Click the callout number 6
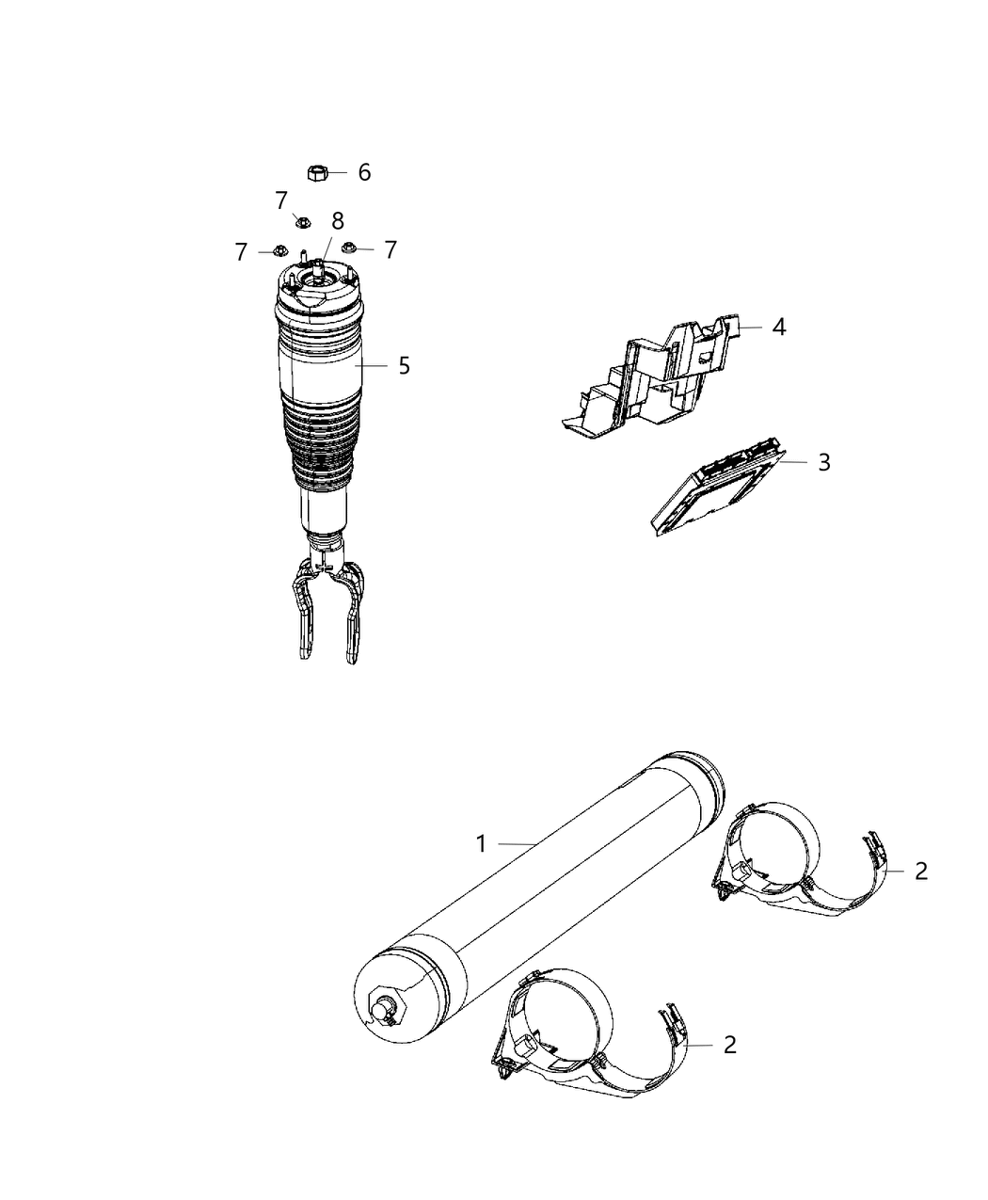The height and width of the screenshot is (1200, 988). tap(364, 172)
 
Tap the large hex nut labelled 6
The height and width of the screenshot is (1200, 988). tap(317, 172)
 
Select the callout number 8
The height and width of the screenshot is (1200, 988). tap(337, 220)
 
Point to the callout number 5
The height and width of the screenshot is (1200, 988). tap(404, 365)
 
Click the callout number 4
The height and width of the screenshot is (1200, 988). tap(778, 327)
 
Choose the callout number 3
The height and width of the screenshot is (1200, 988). tap(823, 462)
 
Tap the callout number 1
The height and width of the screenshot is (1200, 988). tap(481, 844)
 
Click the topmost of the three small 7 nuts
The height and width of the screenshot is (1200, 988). tap(302, 222)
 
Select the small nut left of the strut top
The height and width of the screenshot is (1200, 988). tap(279, 251)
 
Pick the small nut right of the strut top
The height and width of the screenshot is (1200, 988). tap(348, 248)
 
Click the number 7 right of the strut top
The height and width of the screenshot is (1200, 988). tap(390, 249)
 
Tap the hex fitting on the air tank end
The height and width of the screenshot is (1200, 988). tap(386, 1006)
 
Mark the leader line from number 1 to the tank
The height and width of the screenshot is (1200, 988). tap(518, 844)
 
